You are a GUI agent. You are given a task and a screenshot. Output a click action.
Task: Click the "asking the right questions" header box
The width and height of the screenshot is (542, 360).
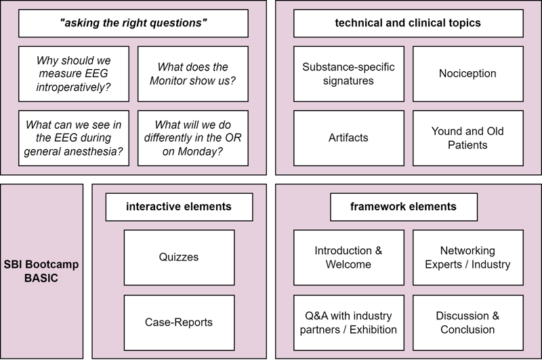[x=133, y=23]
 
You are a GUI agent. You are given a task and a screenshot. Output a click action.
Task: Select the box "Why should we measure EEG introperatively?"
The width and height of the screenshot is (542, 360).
[x=74, y=74]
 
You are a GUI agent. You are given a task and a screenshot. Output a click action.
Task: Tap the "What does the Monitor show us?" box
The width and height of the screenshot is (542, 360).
[x=193, y=74]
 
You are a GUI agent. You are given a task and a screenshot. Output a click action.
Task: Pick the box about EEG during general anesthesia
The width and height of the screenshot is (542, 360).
[x=74, y=138]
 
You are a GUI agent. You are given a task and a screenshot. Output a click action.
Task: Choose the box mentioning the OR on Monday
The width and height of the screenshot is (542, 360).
[x=193, y=138]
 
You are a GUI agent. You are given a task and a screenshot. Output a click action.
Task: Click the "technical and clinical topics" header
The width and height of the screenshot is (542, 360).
[x=409, y=23]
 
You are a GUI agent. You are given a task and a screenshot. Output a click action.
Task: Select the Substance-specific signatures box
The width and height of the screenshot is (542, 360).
[x=349, y=74]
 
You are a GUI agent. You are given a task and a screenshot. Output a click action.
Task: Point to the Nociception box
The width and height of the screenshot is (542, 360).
[x=468, y=74]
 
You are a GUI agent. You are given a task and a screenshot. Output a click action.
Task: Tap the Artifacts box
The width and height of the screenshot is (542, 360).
[x=349, y=138]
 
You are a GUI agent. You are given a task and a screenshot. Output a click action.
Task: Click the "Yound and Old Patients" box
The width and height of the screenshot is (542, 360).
[x=468, y=138]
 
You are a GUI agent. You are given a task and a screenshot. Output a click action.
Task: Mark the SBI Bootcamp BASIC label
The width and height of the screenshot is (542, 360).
[x=41, y=271]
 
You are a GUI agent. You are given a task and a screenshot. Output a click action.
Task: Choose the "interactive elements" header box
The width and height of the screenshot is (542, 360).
[x=179, y=207]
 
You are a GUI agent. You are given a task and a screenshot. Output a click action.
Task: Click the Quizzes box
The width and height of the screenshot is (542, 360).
[x=179, y=258]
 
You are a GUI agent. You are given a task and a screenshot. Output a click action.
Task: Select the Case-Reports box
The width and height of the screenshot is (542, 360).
[x=179, y=322]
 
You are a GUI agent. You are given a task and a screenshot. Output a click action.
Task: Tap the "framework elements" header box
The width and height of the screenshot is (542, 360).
[x=404, y=207]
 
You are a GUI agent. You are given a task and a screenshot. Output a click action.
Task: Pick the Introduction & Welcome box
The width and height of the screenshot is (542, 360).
[x=349, y=258]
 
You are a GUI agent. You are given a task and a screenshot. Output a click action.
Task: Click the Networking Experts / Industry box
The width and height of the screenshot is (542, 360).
[x=468, y=258]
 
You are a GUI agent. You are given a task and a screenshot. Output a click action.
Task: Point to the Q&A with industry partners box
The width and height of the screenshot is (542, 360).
[x=349, y=322]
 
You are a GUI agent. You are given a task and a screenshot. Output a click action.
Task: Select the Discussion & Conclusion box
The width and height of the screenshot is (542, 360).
[x=468, y=322]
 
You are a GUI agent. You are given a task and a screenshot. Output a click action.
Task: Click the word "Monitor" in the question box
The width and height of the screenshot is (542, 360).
[x=168, y=81]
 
